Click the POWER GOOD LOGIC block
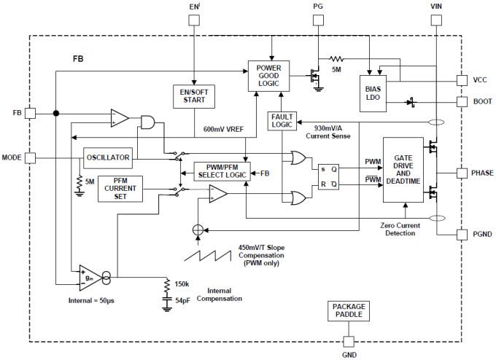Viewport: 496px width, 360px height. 268,76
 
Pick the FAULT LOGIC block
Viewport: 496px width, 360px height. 281,121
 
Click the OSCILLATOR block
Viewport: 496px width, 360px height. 107,157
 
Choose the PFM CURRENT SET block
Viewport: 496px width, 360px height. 120,189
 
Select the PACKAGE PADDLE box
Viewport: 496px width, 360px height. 347,311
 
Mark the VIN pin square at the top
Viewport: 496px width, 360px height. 435,20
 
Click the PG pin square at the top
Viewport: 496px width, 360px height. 318,20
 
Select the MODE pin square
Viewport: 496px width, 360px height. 30,157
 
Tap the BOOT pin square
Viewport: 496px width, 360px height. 461,102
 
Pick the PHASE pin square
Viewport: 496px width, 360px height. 461,173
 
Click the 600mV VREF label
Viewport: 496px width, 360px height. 225,129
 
